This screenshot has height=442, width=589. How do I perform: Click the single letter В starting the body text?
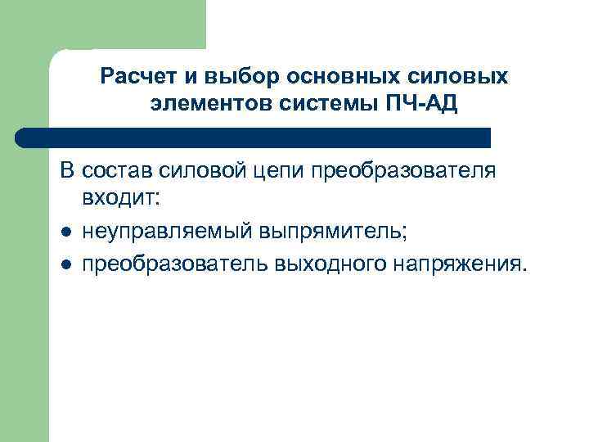tap(66, 171)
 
